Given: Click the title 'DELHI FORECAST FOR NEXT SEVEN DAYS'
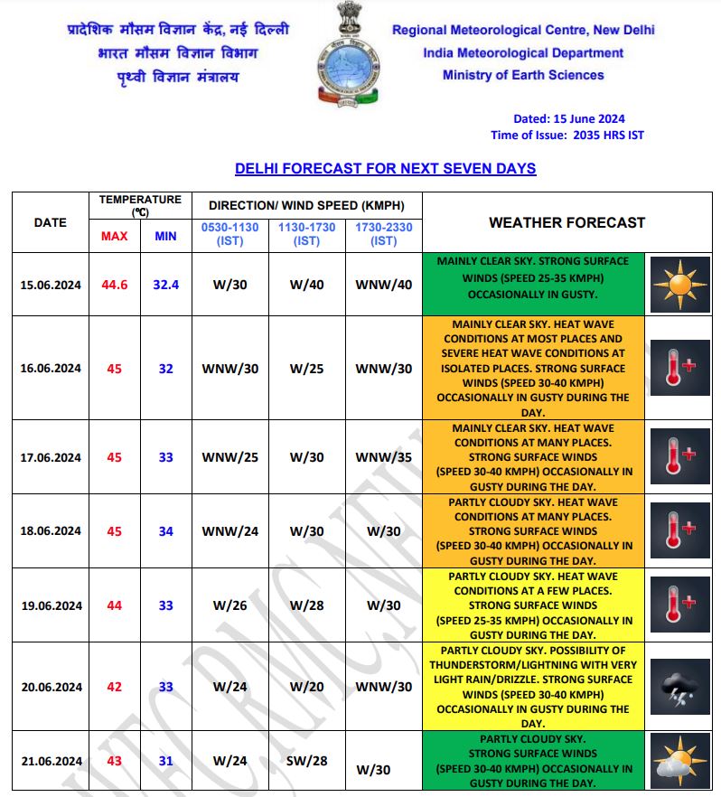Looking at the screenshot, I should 385,169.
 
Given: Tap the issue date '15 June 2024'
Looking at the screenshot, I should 588,118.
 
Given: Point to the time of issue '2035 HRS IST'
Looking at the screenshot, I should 607,135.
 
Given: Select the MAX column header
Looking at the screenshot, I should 114,236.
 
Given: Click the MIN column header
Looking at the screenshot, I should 165,236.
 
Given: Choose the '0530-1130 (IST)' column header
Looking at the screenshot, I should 229,234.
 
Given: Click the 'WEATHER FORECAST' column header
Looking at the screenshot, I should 566,222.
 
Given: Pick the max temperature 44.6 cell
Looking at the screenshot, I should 115,285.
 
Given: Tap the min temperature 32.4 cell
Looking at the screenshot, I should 165,285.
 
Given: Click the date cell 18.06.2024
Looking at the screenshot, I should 51,531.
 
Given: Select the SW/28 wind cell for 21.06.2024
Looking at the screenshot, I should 307,761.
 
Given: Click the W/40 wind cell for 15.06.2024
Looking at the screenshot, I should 307,285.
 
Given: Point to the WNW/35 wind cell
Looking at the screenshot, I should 383,457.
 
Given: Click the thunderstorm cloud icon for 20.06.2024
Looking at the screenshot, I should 679,688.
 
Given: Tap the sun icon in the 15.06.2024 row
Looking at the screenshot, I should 679,285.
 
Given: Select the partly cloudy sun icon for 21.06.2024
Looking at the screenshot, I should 679,760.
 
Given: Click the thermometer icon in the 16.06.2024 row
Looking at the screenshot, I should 679,368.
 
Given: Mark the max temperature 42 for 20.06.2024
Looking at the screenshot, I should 114,687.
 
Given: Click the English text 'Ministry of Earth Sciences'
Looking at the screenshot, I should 523,75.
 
